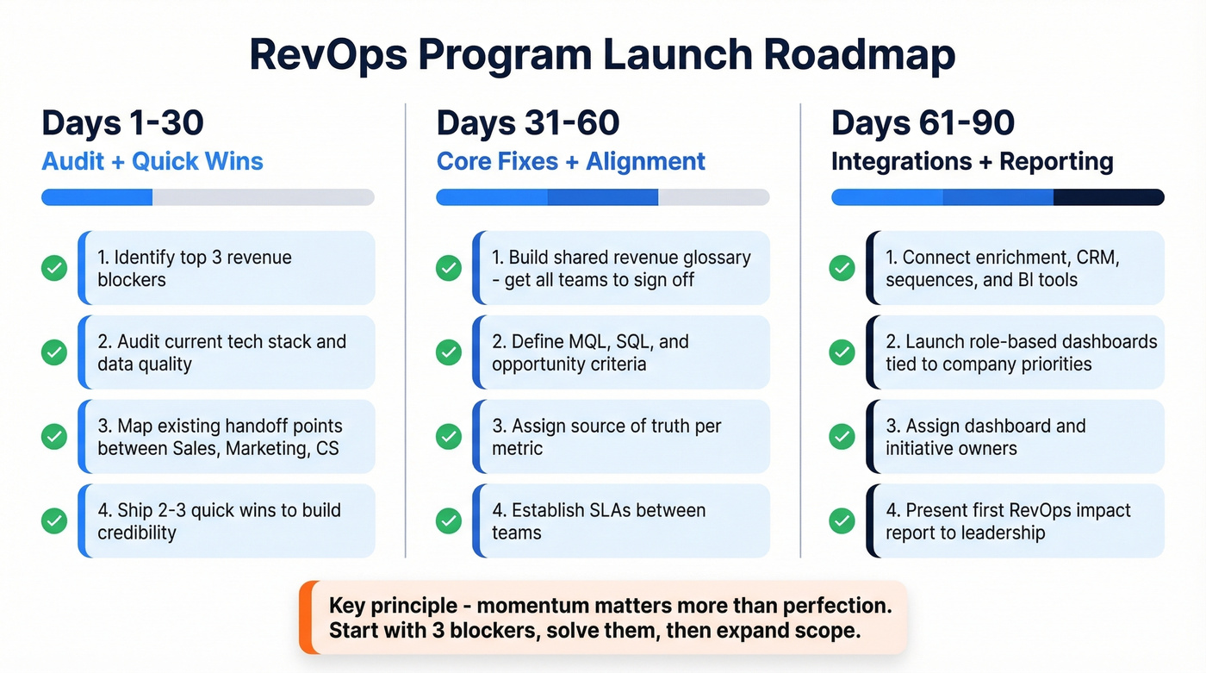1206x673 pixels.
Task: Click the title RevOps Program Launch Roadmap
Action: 602,54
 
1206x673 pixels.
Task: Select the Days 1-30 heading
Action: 122,123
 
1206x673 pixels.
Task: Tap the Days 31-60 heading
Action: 527,123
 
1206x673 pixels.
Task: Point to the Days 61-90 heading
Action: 923,123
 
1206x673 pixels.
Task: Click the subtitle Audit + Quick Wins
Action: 152,161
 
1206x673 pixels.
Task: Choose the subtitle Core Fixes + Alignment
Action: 570,161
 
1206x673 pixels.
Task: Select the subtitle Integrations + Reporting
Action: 972,161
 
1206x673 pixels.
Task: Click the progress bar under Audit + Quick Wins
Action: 208,197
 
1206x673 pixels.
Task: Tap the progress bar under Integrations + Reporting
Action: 997,197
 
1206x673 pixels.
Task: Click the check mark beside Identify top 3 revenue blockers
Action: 54,268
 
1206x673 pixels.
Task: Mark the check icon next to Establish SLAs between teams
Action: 448,520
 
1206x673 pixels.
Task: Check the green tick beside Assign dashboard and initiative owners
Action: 842,436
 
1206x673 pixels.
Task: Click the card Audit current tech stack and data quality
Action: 227,352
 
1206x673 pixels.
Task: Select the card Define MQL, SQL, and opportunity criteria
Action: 621,352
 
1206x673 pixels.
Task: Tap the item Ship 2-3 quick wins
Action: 227,520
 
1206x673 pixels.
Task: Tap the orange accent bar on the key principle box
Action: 304,617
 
